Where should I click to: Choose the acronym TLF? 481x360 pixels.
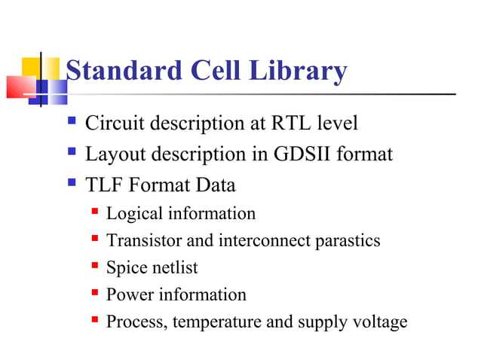(103, 185)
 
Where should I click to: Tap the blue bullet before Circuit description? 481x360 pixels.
(72, 121)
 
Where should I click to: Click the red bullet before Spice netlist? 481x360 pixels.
(95, 266)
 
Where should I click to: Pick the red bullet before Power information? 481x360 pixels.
(95, 293)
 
